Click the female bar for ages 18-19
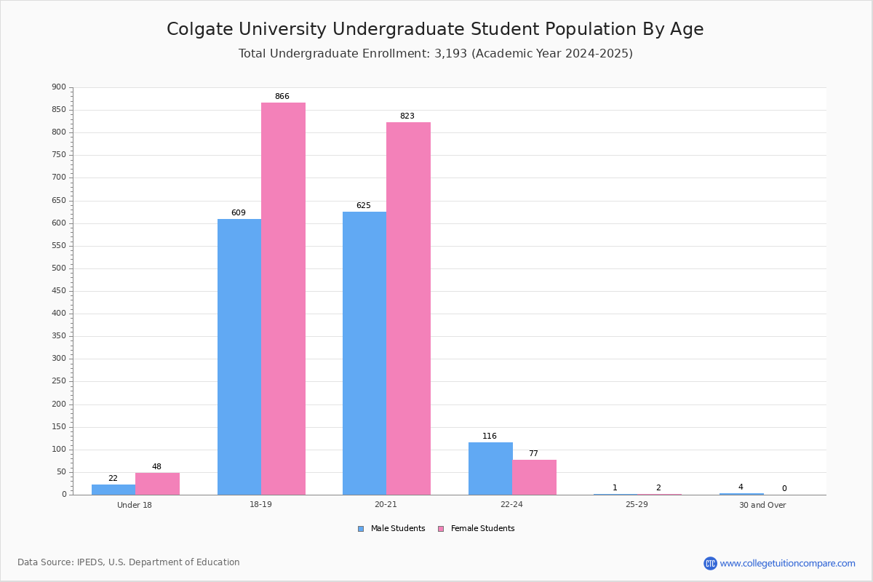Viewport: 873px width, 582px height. (x=283, y=298)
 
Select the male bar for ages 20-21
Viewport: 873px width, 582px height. (x=364, y=353)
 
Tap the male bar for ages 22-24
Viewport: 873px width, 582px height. (x=490, y=469)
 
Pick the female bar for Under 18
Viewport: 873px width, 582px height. (x=157, y=484)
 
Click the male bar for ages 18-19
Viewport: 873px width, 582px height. (x=239, y=356)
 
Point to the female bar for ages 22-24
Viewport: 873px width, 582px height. (x=534, y=477)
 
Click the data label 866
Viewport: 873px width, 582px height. (x=282, y=97)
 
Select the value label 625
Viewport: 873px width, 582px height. (x=364, y=206)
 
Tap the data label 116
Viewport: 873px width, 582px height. (x=490, y=436)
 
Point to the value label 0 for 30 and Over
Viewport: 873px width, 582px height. (x=784, y=489)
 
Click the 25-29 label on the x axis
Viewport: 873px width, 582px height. (x=637, y=505)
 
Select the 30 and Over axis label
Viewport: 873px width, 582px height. (x=762, y=505)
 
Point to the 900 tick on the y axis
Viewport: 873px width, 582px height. (x=59, y=87)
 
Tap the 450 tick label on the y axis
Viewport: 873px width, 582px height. (x=59, y=291)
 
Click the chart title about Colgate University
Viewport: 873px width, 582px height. (x=435, y=29)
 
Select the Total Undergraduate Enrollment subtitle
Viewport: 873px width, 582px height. (x=435, y=54)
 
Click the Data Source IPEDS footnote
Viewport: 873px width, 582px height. (x=129, y=562)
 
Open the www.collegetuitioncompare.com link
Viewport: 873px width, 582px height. (x=787, y=563)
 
